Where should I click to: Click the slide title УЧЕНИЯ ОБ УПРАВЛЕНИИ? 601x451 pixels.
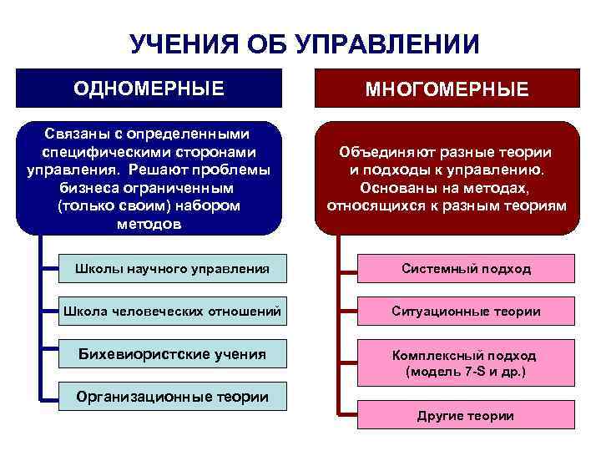305,44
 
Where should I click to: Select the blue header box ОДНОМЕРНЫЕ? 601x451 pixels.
149,88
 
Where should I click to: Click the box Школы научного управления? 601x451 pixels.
166,269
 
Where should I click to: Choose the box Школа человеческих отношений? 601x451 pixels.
166,312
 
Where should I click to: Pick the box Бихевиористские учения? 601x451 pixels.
166,354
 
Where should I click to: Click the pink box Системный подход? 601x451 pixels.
466,269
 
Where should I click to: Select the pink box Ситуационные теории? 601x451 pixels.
466,312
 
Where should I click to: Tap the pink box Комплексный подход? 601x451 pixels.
466,362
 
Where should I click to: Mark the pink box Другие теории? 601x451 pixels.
466,415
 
